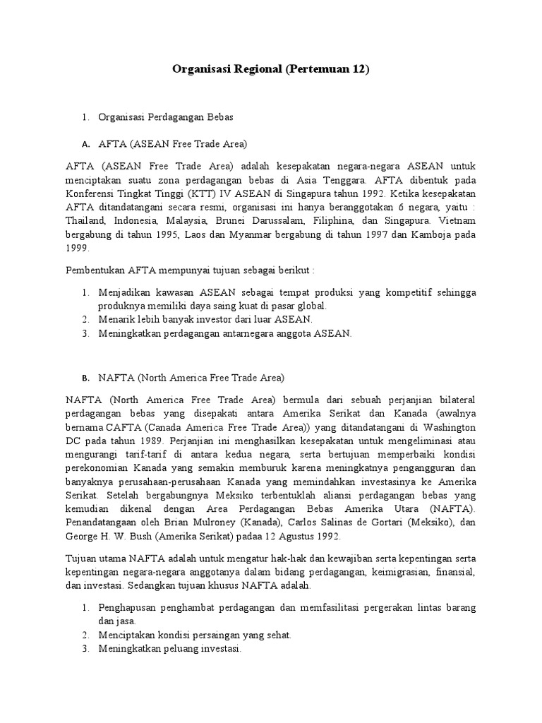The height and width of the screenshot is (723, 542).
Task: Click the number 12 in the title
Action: click(x=359, y=70)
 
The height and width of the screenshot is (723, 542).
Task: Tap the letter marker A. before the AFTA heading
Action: click(x=85, y=145)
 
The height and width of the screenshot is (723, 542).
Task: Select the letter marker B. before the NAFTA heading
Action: click(x=85, y=378)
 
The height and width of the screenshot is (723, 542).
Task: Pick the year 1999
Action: click(x=77, y=249)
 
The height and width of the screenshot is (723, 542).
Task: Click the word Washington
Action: click(x=442, y=428)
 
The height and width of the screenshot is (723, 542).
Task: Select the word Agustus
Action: click(x=288, y=537)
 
